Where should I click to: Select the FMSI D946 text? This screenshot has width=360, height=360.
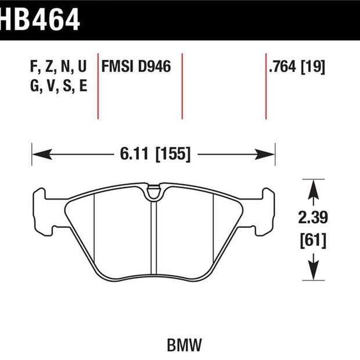(x=136, y=67)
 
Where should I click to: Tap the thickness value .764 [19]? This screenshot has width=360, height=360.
(x=297, y=67)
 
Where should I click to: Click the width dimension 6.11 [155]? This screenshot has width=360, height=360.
(x=155, y=154)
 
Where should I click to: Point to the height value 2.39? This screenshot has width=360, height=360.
(x=313, y=218)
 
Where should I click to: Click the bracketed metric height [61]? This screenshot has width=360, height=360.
(x=313, y=240)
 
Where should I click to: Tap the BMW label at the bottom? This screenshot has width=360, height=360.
(x=185, y=345)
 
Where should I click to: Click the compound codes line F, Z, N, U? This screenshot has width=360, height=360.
(x=58, y=67)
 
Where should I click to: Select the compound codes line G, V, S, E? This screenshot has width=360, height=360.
(x=59, y=86)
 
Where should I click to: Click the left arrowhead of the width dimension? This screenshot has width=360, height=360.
(x=42, y=154)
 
